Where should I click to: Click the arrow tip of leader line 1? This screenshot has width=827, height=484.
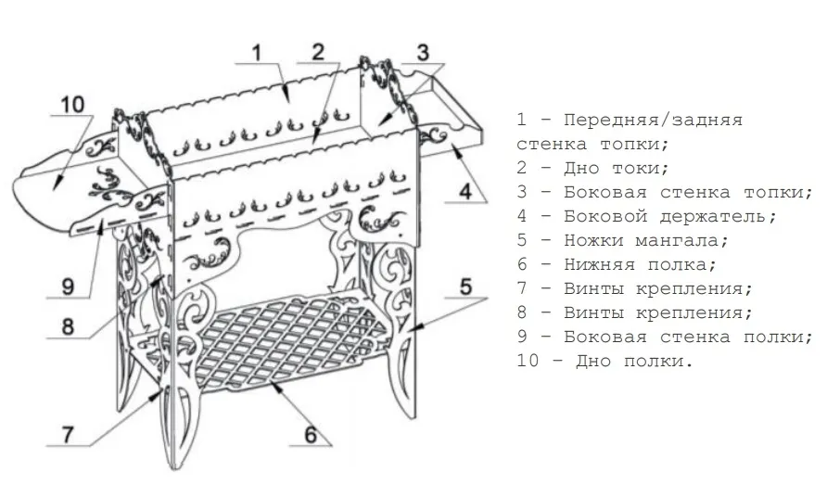pyautogui.click(x=288, y=102)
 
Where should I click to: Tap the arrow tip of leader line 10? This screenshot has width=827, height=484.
pyautogui.click(x=54, y=190)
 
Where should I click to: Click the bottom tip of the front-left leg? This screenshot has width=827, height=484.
pyautogui.click(x=174, y=469)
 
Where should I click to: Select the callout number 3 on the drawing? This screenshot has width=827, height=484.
pyautogui.click(x=423, y=52)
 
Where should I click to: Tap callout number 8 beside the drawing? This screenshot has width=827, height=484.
pyautogui.click(x=68, y=326)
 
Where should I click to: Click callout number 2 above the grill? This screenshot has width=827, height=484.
pyautogui.click(x=317, y=52)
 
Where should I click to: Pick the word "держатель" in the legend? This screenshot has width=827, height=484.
pyautogui.click(x=718, y=217)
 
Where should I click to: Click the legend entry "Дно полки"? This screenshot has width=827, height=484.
pyautogui.click(x=633, y=362)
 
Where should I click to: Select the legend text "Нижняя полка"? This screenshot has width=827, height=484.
pyautogui.click(x=640, y=264)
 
